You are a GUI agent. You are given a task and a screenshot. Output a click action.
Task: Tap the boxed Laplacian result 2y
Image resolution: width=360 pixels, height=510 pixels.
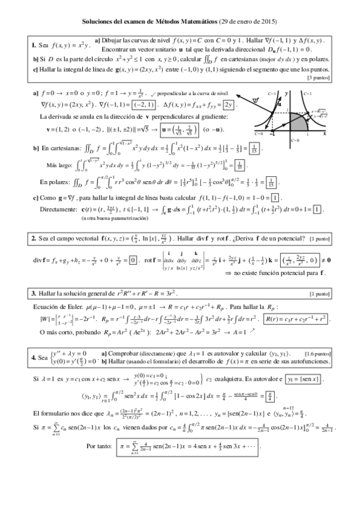point(228,104)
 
